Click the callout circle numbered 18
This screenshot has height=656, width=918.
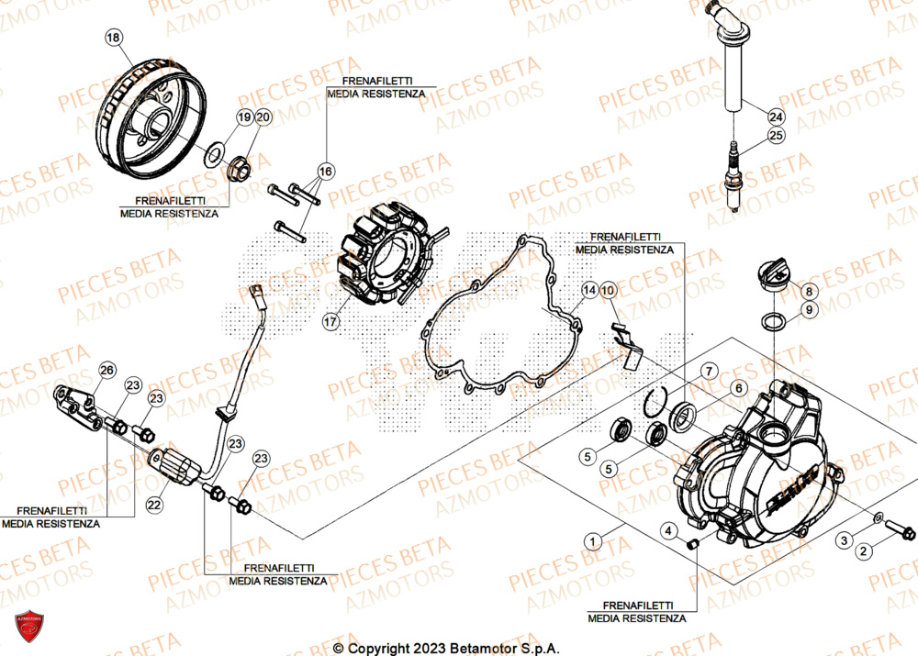pyautogui.click(x=113, y=38)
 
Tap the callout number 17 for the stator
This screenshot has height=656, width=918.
pyautogui.click(x=330, y=321)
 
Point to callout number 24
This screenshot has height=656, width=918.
pyautogui.click(x=777, y=117)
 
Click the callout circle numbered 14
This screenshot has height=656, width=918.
pyautogui.click(x=588, y=290)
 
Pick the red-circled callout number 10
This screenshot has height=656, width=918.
pyautogui.click(x=610, y=290)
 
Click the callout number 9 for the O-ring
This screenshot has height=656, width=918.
pyautogui.click(x=809, y=311)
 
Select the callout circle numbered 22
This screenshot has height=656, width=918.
pyautogui.click(x=153, y=505)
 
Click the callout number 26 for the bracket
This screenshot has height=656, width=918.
pyautogui.click(x=107, y=370)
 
